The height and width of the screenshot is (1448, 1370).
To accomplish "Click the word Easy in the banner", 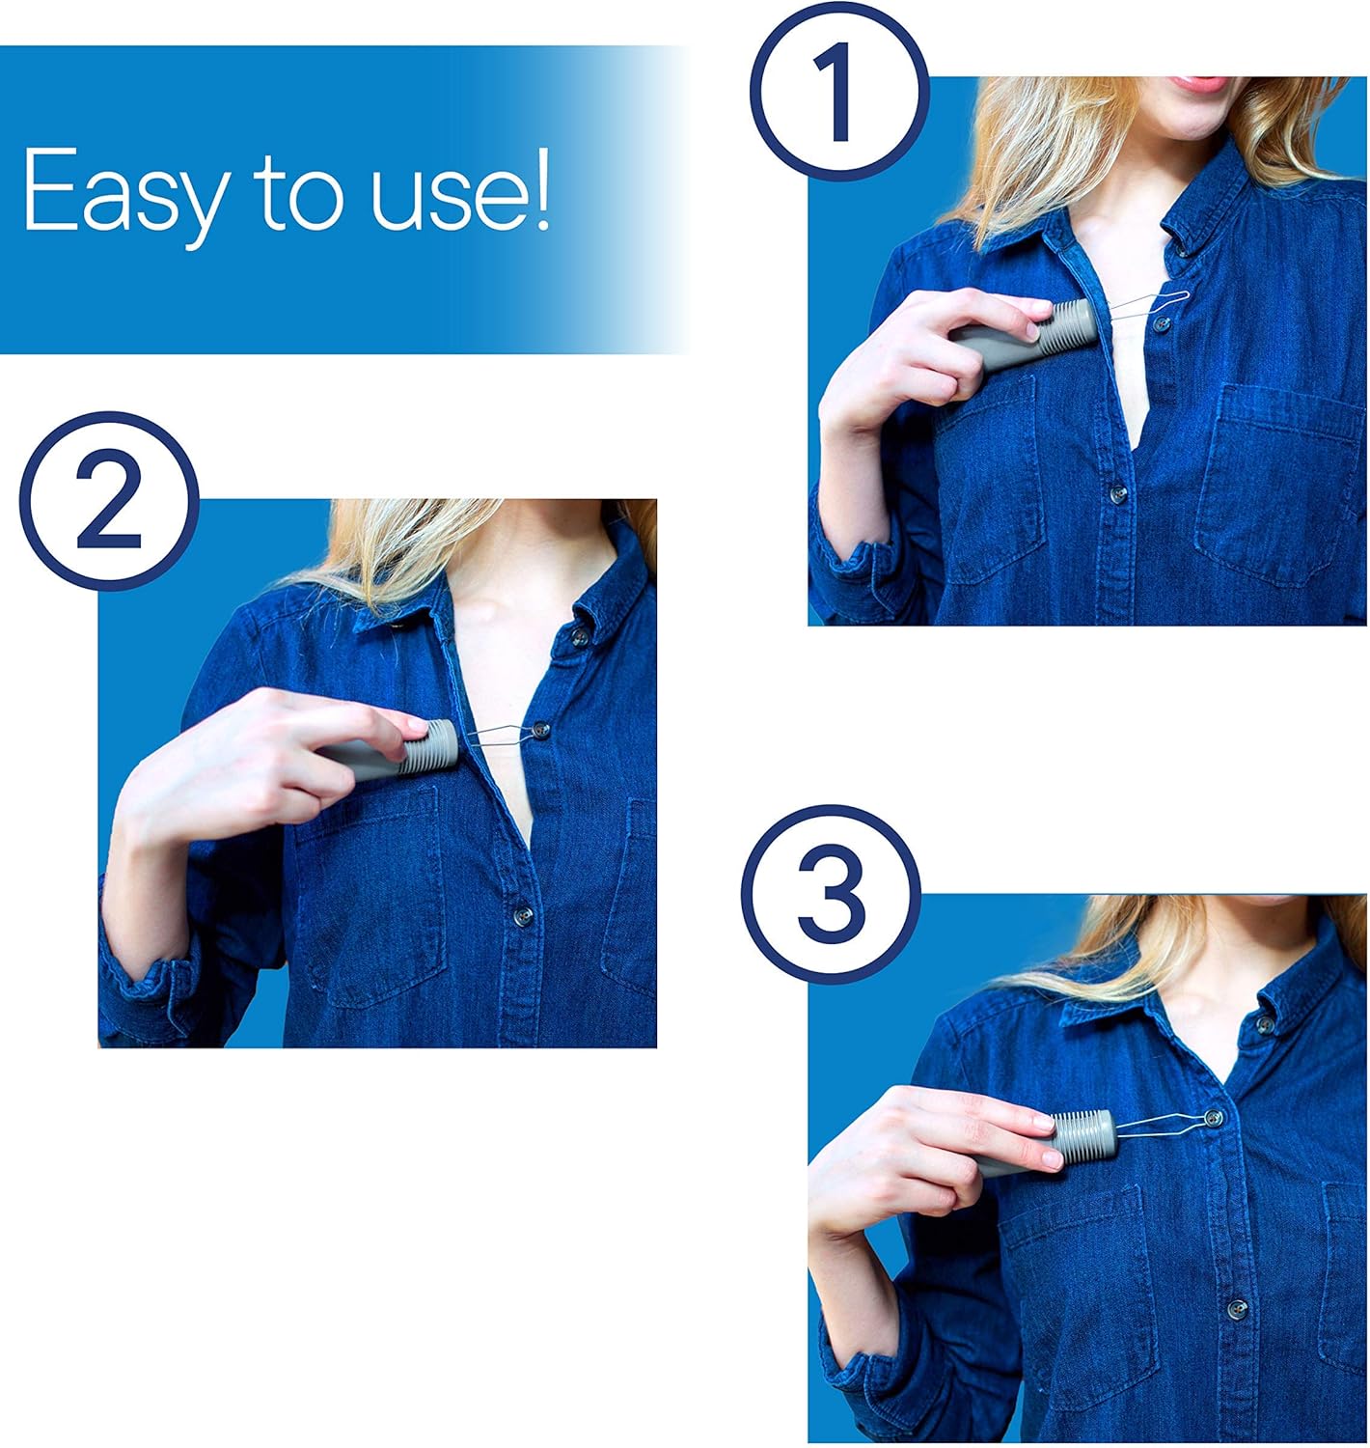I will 122,191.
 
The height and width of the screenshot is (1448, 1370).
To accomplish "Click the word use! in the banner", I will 460,191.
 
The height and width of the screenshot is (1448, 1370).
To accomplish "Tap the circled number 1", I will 838,92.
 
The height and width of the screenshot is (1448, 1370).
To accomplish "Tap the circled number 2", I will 108,502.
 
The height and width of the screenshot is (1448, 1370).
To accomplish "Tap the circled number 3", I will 831,896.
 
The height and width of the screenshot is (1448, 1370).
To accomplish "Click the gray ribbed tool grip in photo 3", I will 1082,1135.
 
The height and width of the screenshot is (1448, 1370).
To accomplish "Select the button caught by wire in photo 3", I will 1213,1118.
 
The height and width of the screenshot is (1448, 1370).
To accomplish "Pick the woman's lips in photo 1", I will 1201,82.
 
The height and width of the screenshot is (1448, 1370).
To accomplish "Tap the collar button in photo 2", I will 580,636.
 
